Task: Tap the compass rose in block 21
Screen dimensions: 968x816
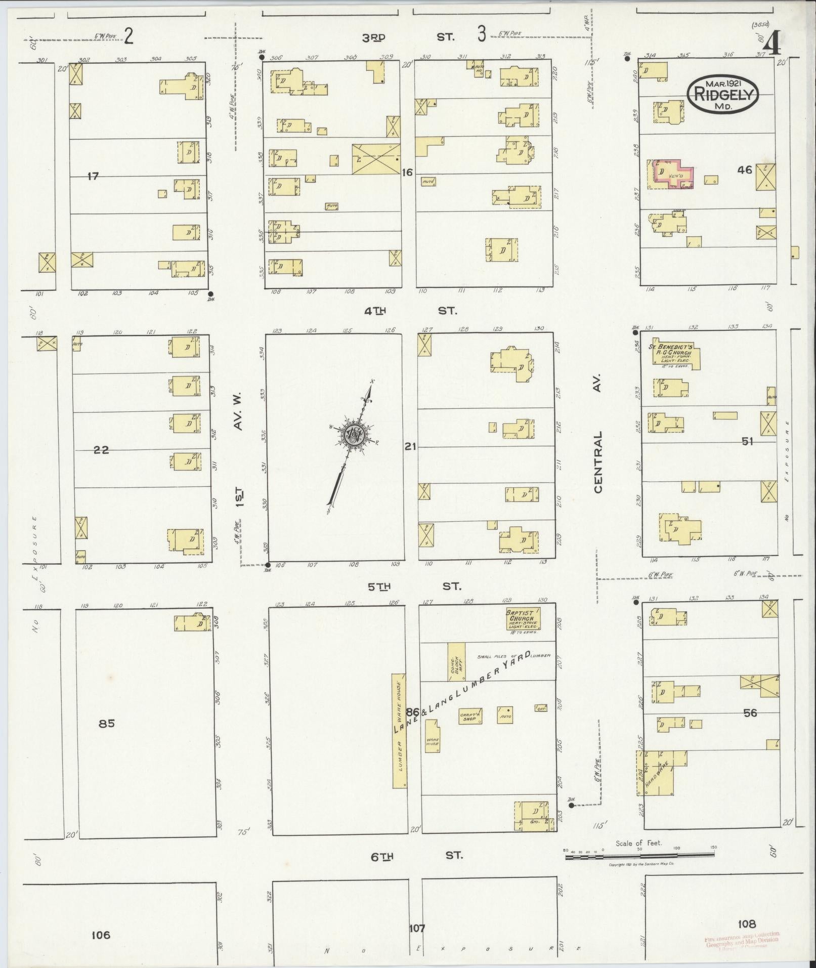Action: tap(353, 434)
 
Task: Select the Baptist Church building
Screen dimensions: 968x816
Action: tap(524, 619)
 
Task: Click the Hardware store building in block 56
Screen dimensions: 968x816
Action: tap(656, 780)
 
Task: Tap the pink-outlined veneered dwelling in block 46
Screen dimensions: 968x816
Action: tap(673, 175)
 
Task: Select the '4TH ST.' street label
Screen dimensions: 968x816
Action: tap(410, 311)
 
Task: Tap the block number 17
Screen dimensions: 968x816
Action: tap(93, 176)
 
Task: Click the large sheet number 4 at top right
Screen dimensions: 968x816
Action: tap(771, 46)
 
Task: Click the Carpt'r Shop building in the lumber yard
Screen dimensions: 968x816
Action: tap(470, 716)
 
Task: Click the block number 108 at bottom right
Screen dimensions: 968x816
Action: tap(746, 924)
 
